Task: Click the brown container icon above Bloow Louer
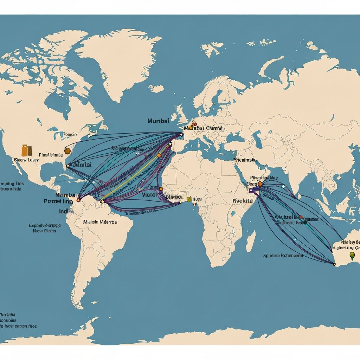(27, 150)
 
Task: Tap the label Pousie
(69, 134)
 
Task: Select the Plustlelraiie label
(51, 154)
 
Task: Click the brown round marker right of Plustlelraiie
(67, 151)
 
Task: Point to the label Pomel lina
(58, 201)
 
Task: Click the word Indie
(66, 212)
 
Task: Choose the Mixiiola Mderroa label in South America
(100, 222)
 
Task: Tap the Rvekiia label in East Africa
(243, 201)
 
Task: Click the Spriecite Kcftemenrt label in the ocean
(283, 256)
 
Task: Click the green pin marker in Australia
(352, 255)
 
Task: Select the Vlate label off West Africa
(148, 194)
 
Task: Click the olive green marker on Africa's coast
(189, 199)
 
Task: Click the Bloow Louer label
(26, 160)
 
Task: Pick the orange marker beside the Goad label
(260, 184)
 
